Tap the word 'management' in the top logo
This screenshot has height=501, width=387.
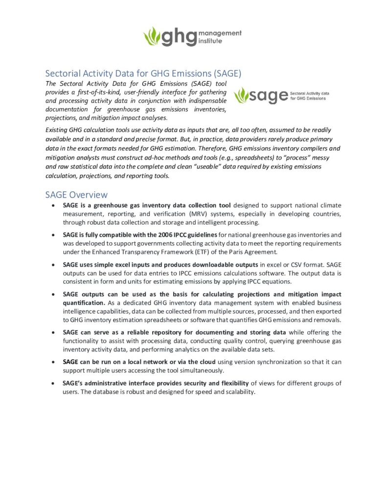pyautogui.click(x=221, y=33)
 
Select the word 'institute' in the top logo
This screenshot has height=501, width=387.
pyautogui.click(x=211, y=41)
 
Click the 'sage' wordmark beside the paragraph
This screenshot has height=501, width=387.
pyautogui.click(x=269, y=95)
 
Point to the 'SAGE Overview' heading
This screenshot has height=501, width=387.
pyautogui.click(x=76, y=195)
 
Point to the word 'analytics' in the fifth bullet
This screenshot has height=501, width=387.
pyautogui.click(x=219, y=350)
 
